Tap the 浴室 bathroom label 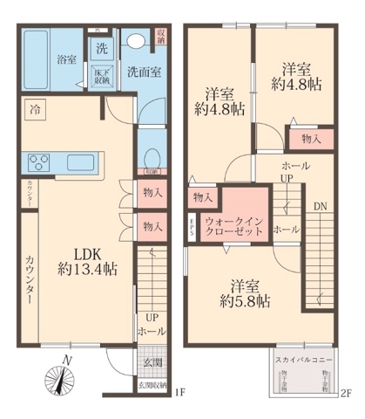(x=67, y=60)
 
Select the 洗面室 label (x=140, y=71)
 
